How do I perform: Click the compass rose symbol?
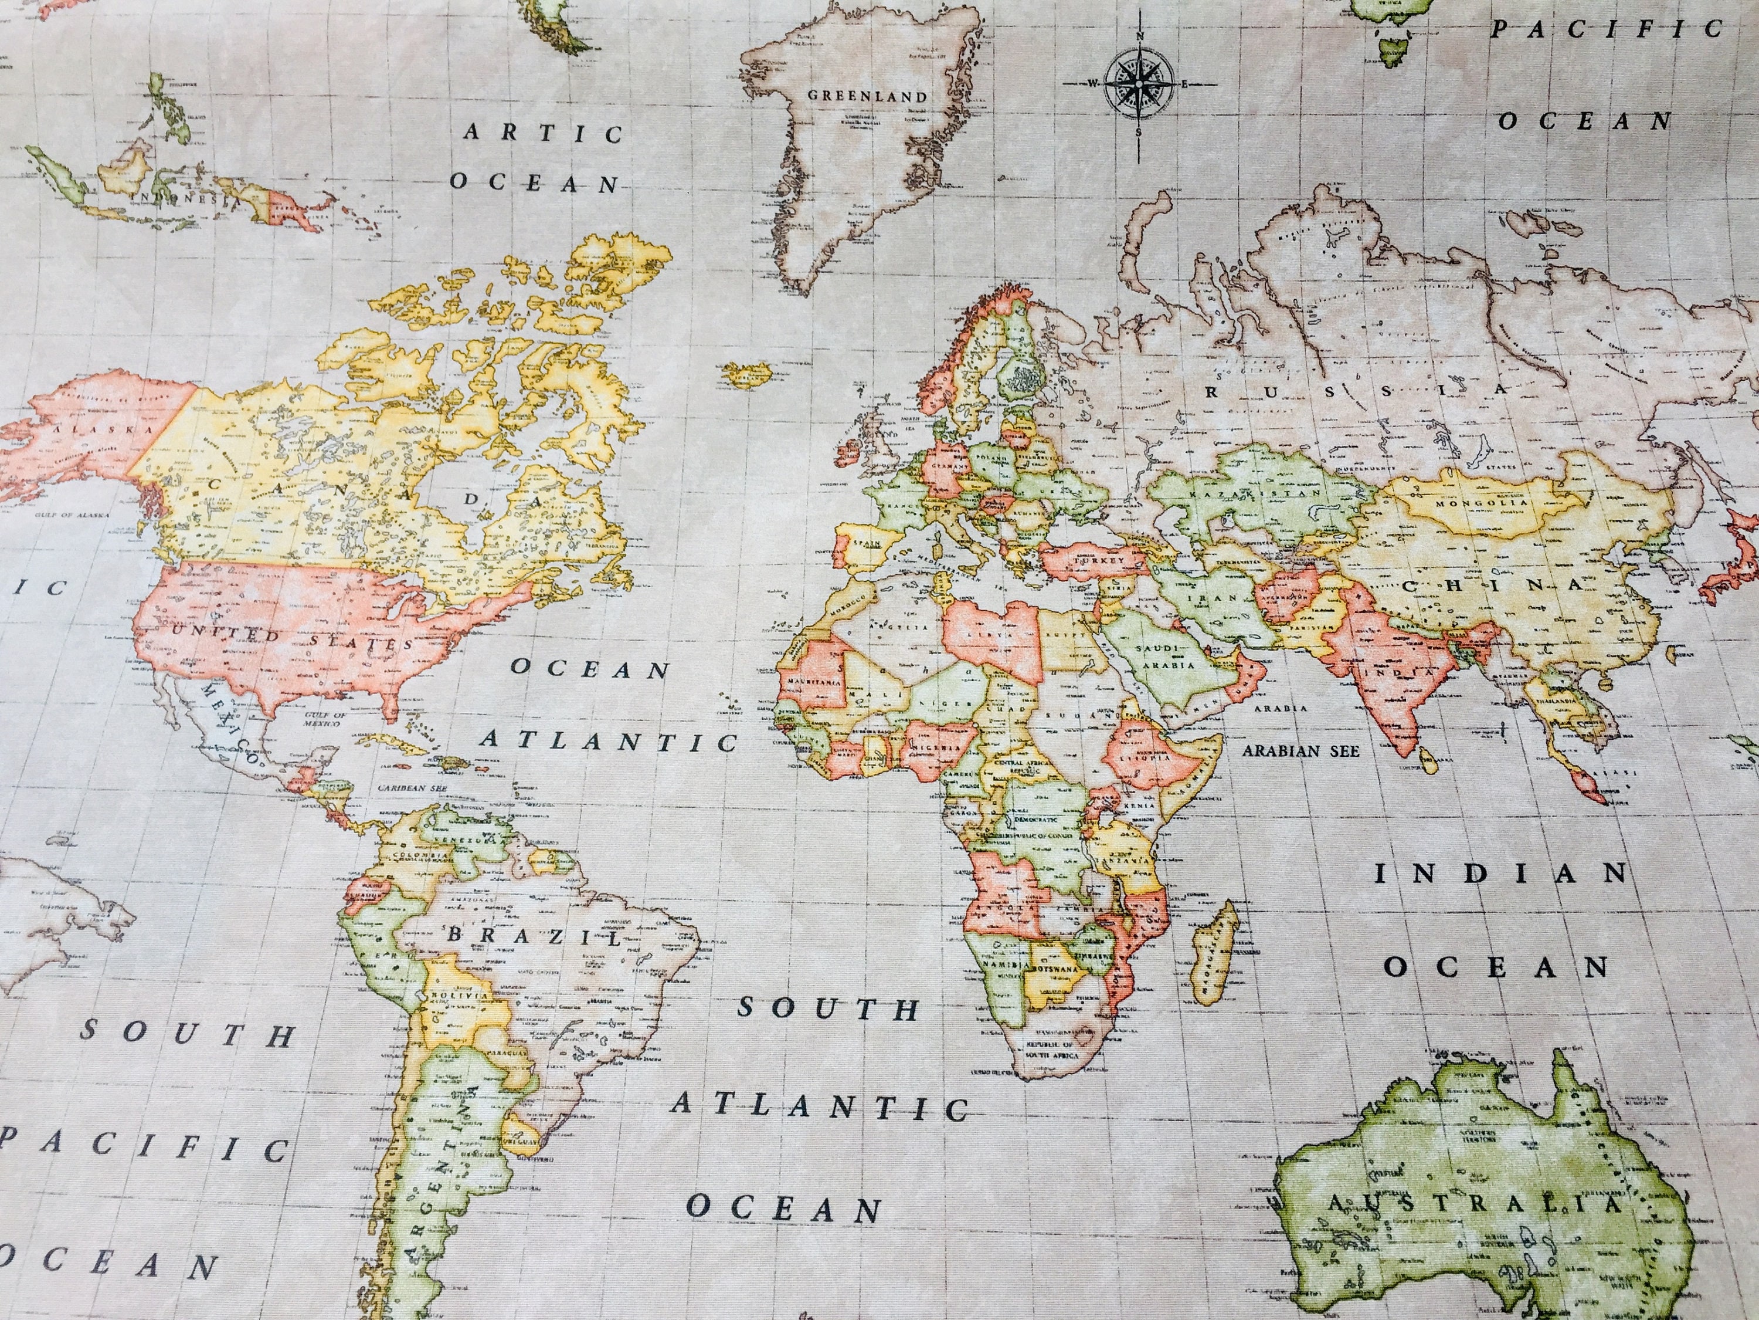1139,82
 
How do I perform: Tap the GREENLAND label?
868,96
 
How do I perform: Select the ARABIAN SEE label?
1301,750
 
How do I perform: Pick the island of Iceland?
748,373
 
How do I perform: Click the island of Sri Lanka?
1430,764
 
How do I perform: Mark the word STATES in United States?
362,641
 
